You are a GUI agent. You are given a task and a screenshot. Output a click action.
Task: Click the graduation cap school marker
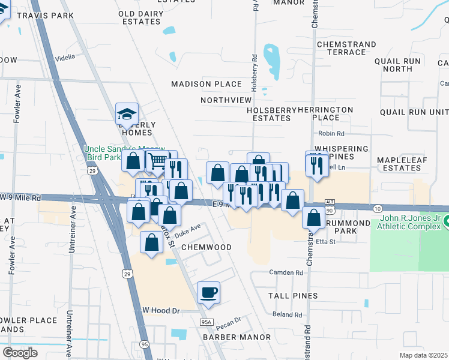click(x=127, y=113)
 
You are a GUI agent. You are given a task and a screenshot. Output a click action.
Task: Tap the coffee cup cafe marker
click(x=208, y=292)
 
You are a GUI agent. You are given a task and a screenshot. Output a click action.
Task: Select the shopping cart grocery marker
click(x=157, y=161)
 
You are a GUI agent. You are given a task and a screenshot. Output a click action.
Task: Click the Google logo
click(x=20, y=353)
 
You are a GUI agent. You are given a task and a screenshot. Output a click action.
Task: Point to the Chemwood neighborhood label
click(x=206, y=247)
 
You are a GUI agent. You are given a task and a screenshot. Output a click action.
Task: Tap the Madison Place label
click(x=206, y=84)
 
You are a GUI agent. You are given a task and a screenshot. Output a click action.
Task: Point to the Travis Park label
click(x=45, y=15)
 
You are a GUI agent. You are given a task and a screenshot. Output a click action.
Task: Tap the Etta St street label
click(x=325, y=242)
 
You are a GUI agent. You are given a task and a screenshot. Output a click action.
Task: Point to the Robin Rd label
click(x=331, y=134)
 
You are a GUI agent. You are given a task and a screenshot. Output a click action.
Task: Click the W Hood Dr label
click(x=160, y=310)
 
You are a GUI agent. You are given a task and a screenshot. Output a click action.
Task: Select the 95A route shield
click(x=205, y=322)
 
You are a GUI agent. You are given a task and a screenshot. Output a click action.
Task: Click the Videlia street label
click(x=65, y=57)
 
